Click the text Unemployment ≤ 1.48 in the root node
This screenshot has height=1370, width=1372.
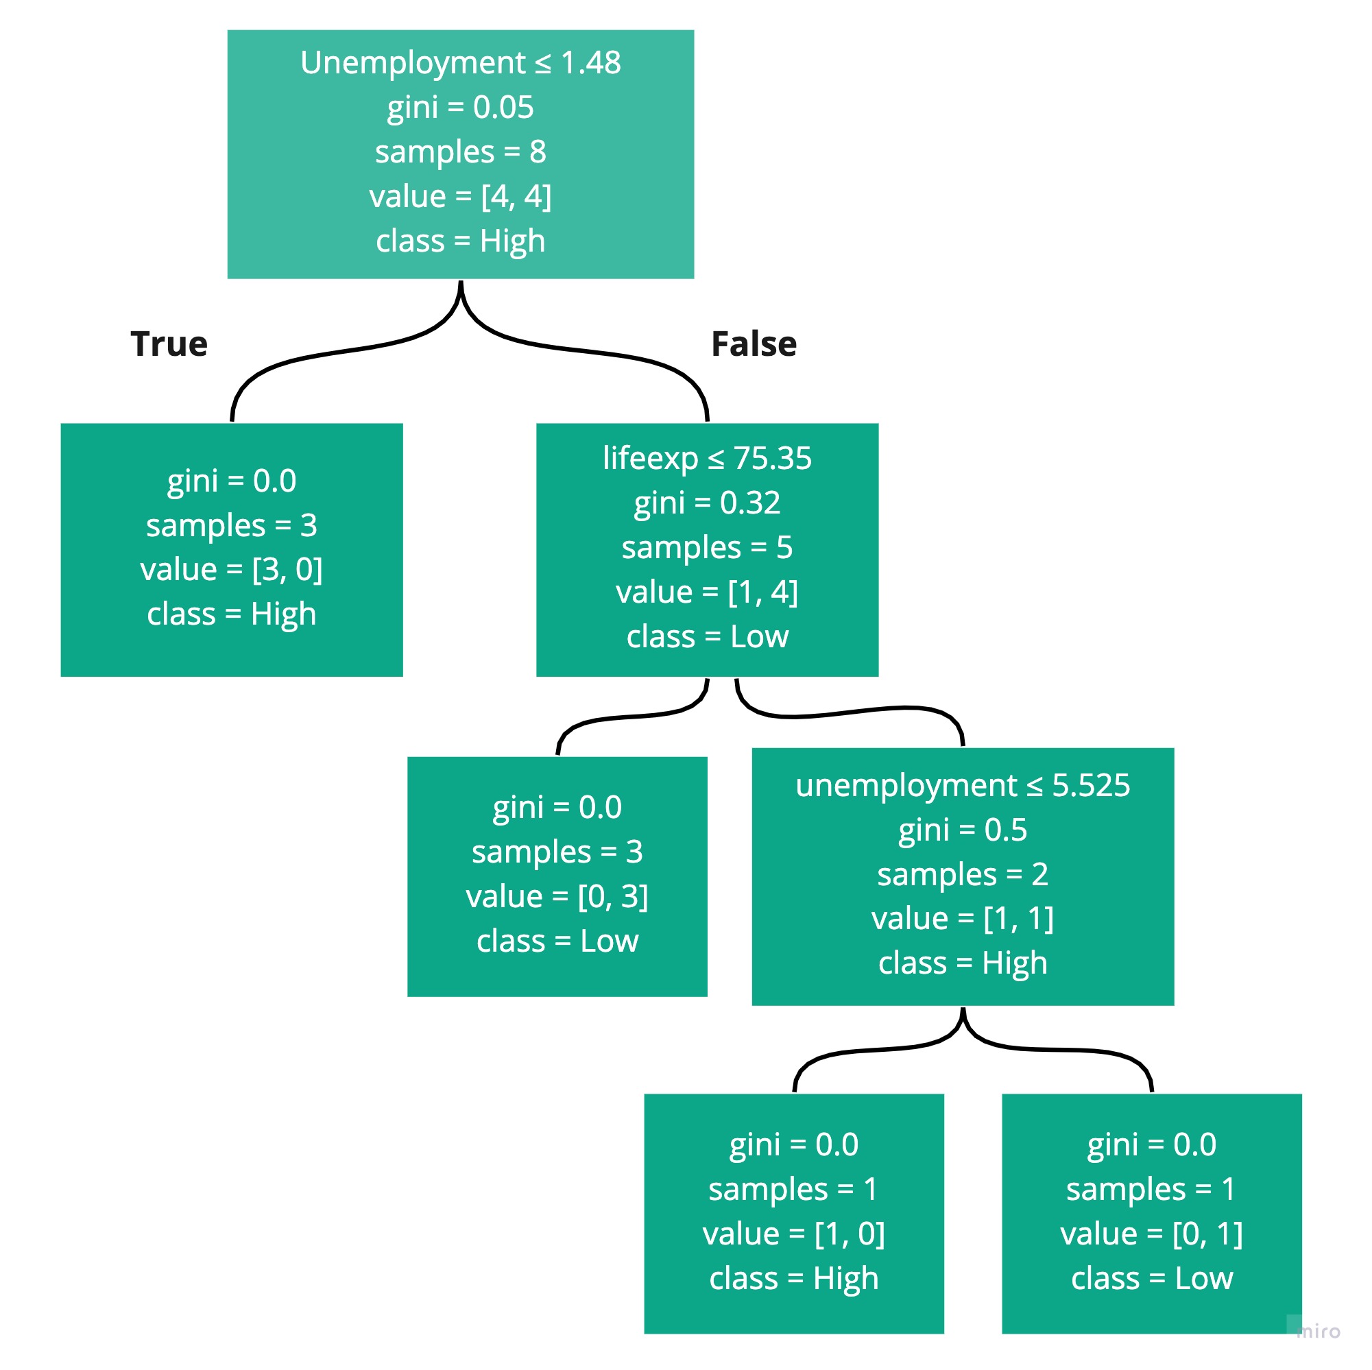(460, 62)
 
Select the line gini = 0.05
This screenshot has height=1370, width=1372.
(460, 107)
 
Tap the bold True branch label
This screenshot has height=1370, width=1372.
(169, 344)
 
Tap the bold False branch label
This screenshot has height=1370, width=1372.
(754, 344)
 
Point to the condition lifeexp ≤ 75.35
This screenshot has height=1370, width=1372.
(707, 458)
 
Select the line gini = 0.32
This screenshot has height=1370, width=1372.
(707, 503)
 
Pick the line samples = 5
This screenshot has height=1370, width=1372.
(707, 548)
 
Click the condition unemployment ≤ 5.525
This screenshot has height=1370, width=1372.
(962, 785)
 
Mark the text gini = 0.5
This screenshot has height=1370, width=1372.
(962, 830)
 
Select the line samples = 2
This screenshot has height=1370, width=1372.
(962, 874)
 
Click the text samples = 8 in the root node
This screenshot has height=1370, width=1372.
(460, 152)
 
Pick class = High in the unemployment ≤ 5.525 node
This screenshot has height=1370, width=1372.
(962, 963)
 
